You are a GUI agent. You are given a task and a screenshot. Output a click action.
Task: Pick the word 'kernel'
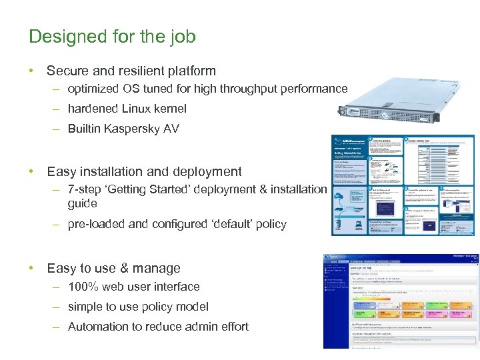coord(171,109)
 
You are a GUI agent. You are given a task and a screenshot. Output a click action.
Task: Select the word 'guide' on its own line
coord(82,204)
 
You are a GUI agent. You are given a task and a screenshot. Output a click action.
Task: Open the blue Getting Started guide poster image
coord(403,185)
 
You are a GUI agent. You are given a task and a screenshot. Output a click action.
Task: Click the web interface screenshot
coord(400,300)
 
